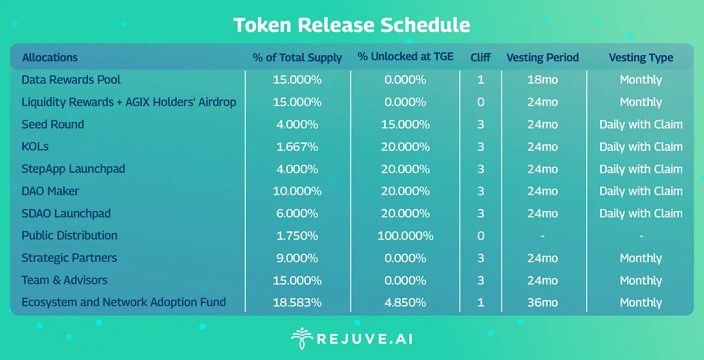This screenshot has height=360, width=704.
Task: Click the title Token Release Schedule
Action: pos(351,25)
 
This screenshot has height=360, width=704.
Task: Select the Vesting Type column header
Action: pos(641,57)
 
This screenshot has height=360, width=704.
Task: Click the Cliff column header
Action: pos(481,57)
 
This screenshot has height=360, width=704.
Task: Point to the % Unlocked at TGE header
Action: pos(405,57)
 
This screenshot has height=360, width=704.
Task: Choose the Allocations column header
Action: pos(50,57)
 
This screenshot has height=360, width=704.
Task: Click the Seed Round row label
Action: pos(53,124)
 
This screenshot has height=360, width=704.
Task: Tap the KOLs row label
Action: pos(35,147)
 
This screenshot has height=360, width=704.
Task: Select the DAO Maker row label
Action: pos(50,191)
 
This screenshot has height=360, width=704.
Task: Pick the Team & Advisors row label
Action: pos(64,280)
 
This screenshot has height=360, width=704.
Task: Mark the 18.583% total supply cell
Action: pos(297,302)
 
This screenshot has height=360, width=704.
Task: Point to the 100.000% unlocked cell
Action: pos(405,235)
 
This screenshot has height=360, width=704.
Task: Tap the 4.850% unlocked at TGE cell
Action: pos(405,302)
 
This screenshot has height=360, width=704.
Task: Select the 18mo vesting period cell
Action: pos(543,80)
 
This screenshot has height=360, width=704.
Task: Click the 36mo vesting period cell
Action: pos(543,302)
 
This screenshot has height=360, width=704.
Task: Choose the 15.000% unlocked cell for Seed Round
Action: pos(405,124)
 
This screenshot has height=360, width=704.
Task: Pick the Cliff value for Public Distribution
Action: pos(481,235)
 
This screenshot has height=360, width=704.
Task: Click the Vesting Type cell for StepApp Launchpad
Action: pos(641,169)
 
